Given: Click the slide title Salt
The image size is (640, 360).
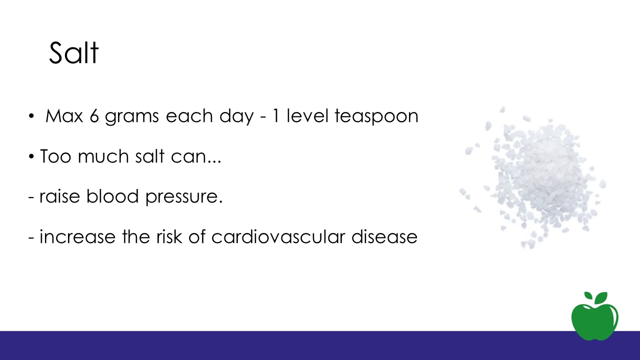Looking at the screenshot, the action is coord(73,53).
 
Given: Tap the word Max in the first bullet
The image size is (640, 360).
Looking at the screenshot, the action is coord(64,115).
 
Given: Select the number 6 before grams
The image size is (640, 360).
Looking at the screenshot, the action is coord(94,115).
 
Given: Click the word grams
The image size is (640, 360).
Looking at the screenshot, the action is coord(131,117).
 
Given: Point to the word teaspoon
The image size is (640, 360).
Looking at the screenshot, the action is coord(376,117).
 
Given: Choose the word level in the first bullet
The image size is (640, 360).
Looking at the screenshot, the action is coord(307,115).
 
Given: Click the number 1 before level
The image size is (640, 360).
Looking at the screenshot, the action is coord(276,115).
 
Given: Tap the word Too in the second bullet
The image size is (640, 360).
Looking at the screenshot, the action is coord(55,156).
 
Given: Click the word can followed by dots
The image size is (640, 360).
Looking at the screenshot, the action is coord(196,157).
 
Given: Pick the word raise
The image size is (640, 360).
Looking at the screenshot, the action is coord(59,196).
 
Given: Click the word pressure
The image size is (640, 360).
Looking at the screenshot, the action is coord(184,197).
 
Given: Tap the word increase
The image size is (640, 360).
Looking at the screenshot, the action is coord(77,237).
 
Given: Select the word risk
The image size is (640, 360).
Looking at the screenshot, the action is coord(169,236).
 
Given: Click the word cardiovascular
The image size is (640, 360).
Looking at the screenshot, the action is coord(278,236).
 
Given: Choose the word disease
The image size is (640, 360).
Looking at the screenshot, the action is coord(384,236).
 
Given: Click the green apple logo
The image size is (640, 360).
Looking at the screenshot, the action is coord(595,317).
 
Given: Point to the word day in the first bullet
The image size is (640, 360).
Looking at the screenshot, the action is coord(236,117).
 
